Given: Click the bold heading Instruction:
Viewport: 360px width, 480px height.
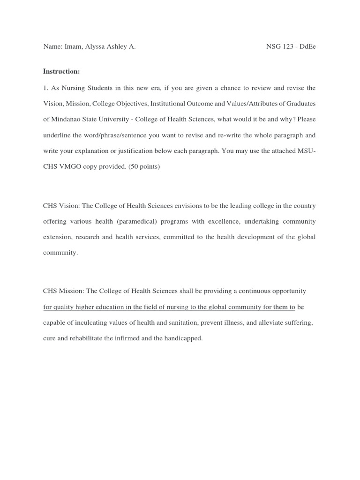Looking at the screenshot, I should [61, 71].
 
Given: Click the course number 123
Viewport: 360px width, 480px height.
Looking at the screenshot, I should [288, 47].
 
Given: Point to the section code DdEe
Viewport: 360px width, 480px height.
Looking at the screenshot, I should [307, 47].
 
